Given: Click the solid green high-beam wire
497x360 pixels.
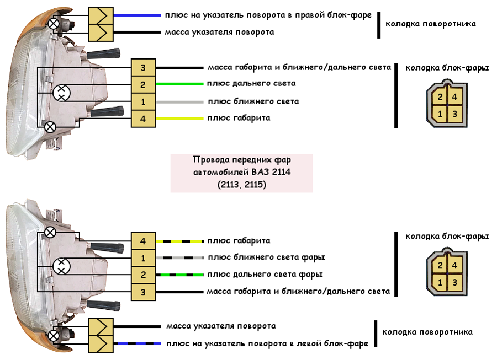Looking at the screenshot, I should tap(179, 84).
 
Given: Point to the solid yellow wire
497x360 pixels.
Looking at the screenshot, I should tap(179, 119).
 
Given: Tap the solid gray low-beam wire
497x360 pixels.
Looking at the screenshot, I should tap(179, 102).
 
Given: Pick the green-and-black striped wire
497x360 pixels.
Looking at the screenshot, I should tap(179, 275).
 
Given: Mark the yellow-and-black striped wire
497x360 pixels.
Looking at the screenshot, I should tap(179, 241).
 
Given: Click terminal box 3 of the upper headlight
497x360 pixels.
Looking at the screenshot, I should tap(143, 68).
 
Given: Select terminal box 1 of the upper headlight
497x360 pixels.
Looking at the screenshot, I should tap(143, 102).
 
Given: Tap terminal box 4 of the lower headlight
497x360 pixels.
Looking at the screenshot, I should tap(143, 241).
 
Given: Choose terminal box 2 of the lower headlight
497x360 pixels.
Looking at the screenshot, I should tap(143, 275).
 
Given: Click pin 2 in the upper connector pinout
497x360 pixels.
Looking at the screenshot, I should tap(440, 98).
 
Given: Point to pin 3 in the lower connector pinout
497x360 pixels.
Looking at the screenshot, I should tap(454, 282).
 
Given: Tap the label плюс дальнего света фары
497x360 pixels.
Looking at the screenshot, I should tap(265, 274).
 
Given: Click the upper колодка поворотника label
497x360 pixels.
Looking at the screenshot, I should tap(430, 24).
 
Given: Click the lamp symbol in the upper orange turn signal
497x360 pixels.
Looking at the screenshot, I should tap(54, 23).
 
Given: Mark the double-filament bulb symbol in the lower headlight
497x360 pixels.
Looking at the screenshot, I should tap(62, 266).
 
